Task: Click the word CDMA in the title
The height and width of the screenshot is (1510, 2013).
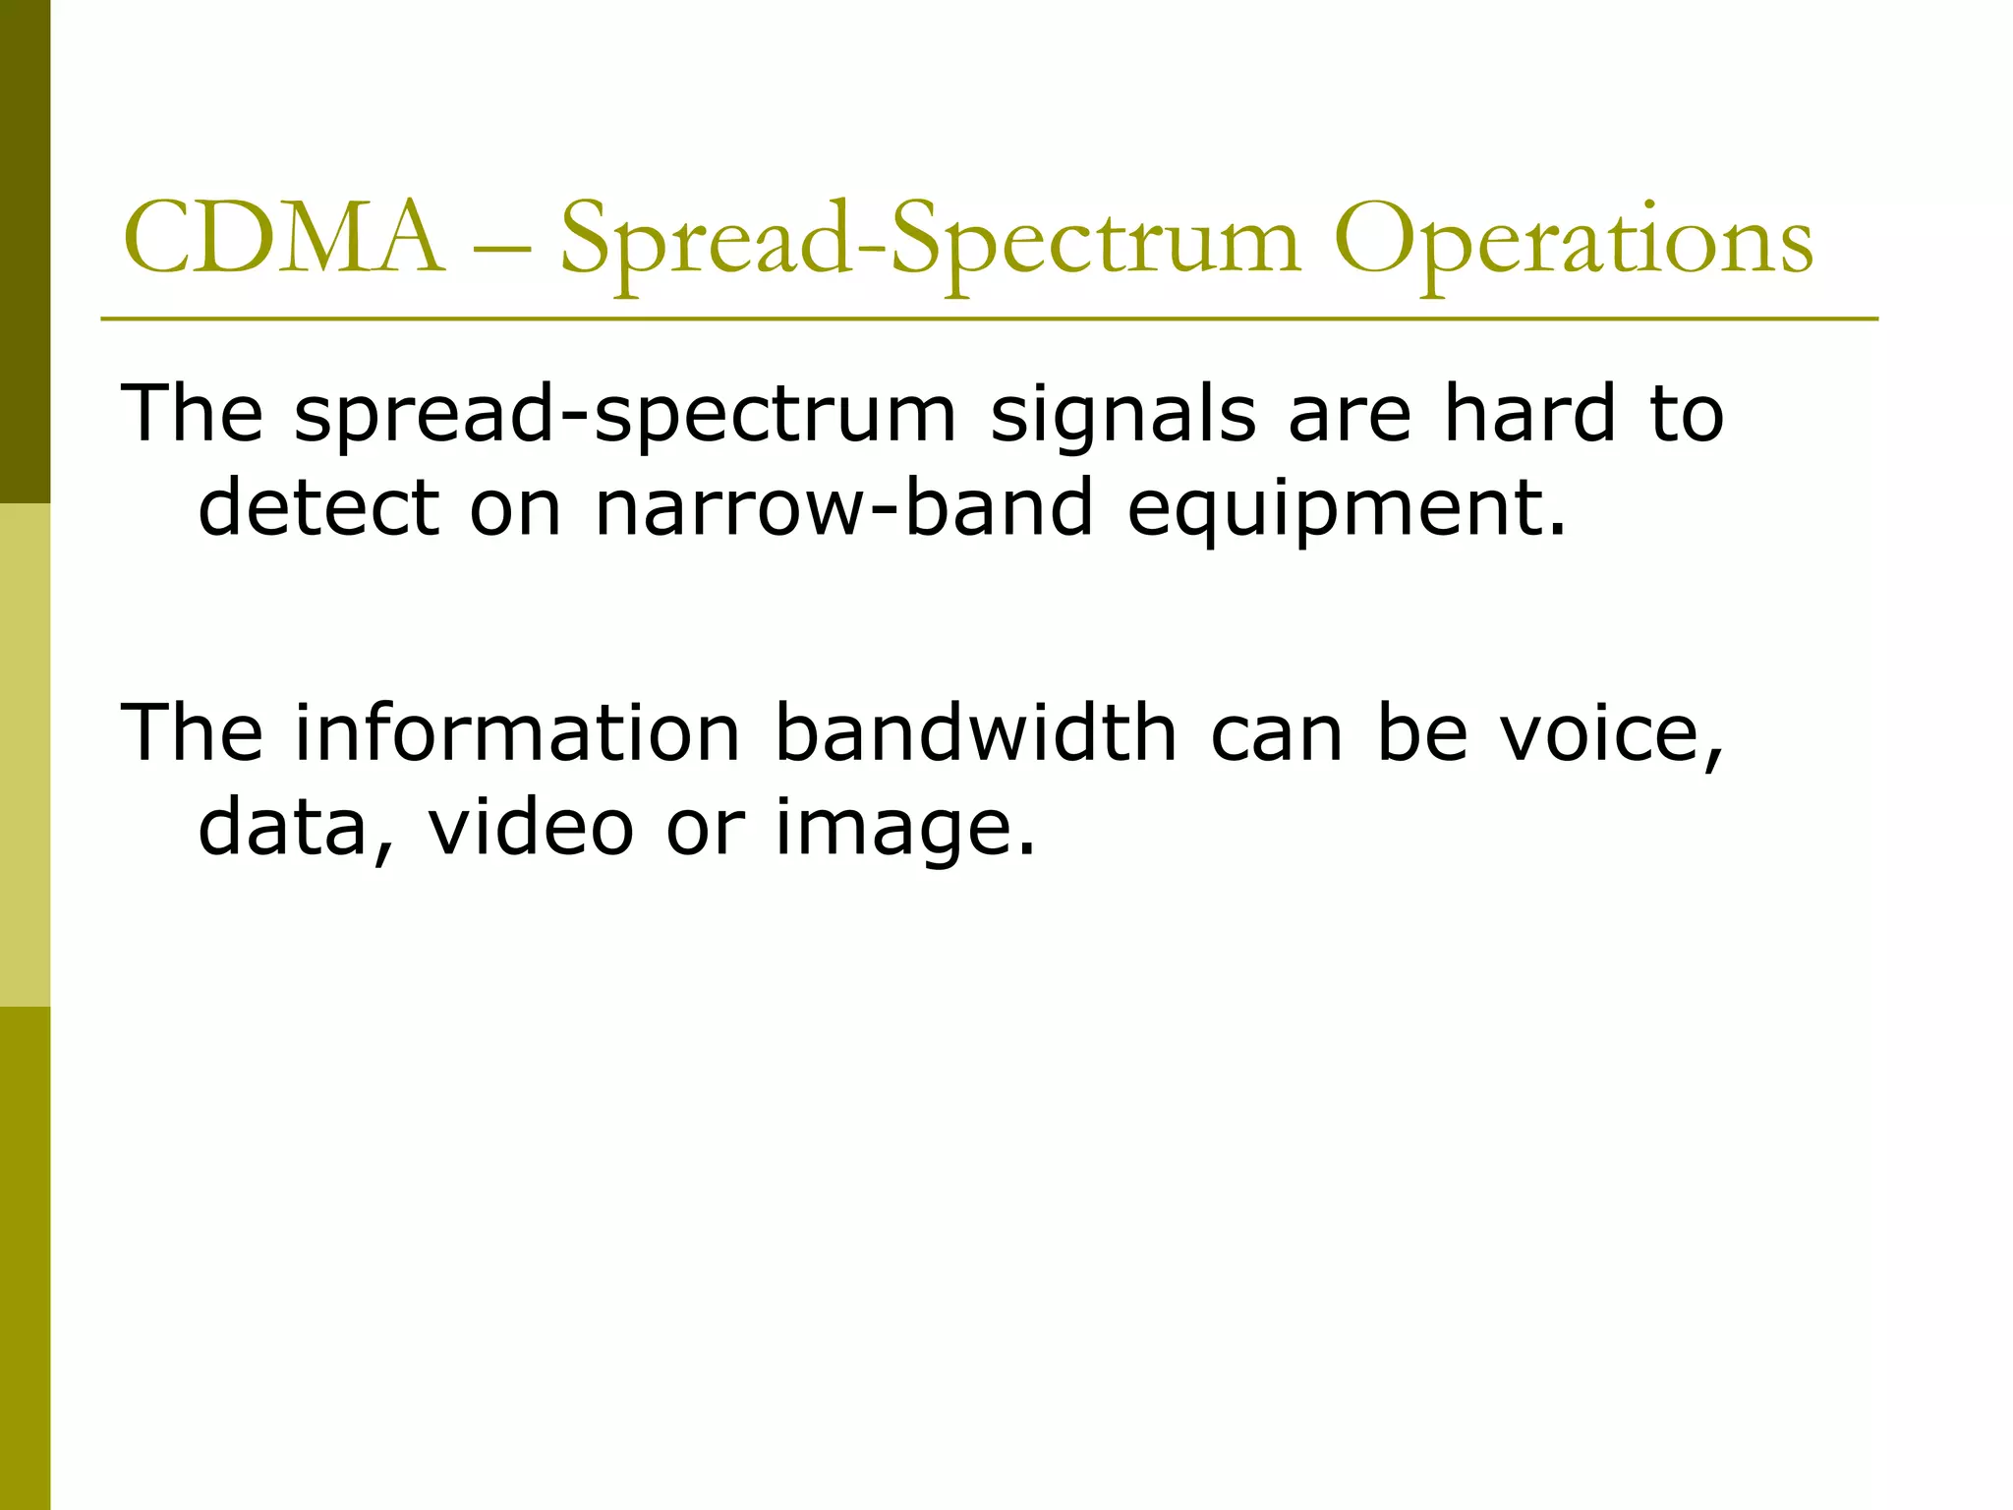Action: (x=282, y=239)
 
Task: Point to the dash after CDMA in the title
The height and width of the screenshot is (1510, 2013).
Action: (x=500, y=246)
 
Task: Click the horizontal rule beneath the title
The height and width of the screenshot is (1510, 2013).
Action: (x=989, y=319)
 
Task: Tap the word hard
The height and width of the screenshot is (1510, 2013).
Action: (x=1529, y=413)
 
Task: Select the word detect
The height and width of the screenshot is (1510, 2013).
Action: (x=318, y=507)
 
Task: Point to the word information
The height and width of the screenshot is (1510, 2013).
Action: (x=517, y=732)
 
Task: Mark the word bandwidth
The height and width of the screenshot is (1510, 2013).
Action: (x=976, y=732)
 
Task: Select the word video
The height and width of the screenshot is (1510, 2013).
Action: (x=532, y=826)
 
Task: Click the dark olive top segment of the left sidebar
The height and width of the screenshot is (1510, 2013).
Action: (x=25, y=251)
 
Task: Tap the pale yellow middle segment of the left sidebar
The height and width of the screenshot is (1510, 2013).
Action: (x=25, y=755)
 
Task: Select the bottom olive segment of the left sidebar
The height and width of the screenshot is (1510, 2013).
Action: (x=25, y=1258)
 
